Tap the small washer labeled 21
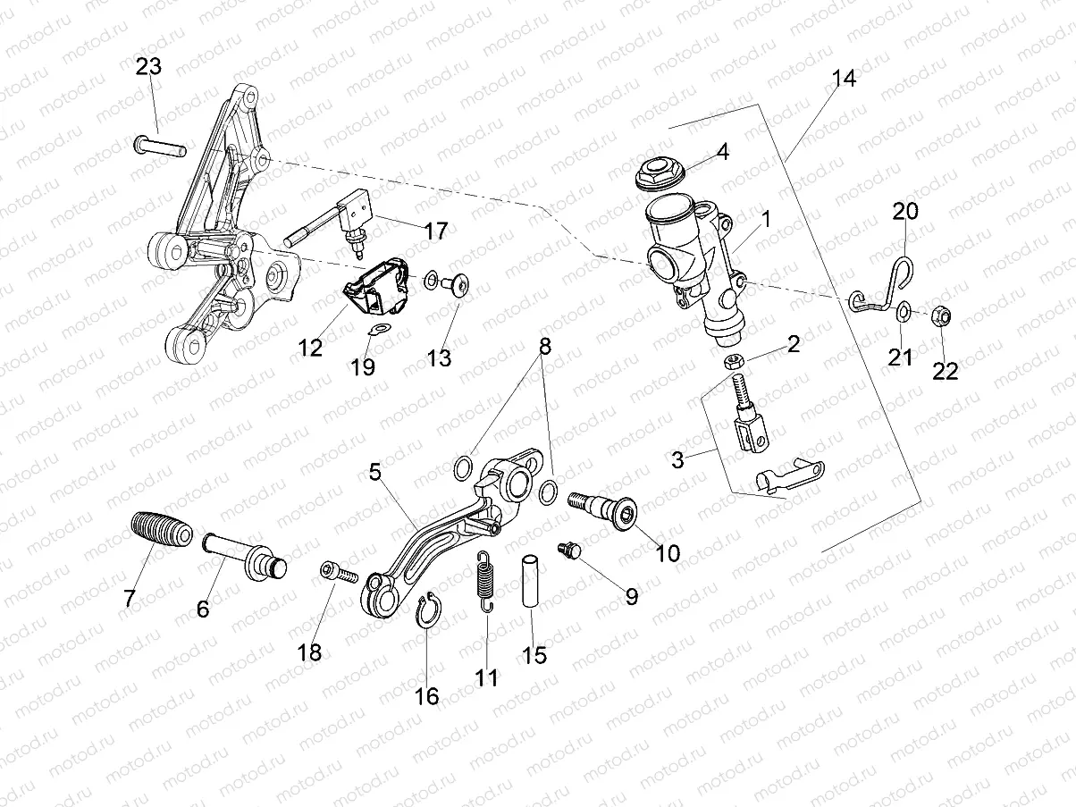[x=903, y=311]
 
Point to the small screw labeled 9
[x=567, y=549]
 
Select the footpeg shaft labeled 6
[x=244, y=553]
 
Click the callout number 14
[x=843, y=79]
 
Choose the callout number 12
[x=310, y=348]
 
